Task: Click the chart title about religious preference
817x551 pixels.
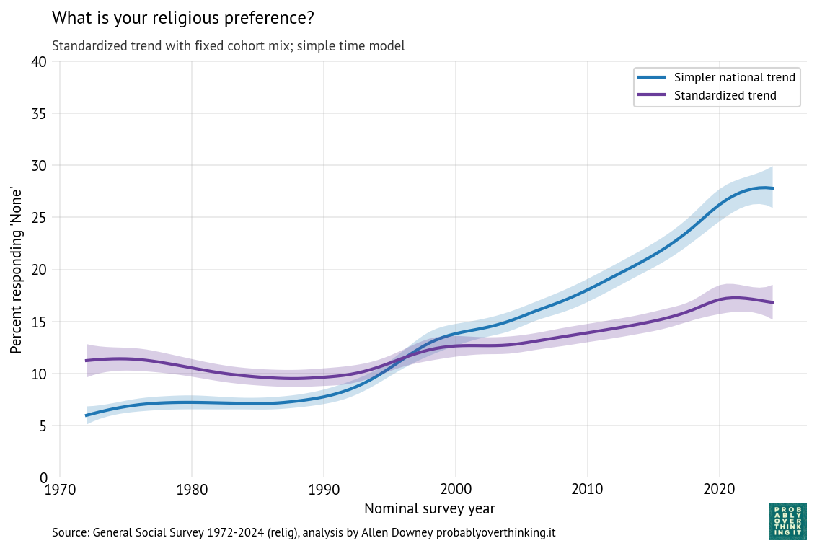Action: (x=182, y=17)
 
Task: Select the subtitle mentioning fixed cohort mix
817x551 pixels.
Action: (x=228, y=46)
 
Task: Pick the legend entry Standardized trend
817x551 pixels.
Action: (x=725, y=95)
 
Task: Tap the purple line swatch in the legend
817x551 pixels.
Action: (x=652, y=95)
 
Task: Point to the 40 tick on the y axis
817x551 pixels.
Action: (x=39, y=62)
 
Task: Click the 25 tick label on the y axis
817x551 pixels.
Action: (x=39, y=218)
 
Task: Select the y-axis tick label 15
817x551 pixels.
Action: (x=39, y=322)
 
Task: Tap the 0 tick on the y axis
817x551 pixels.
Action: (x=43, y=477)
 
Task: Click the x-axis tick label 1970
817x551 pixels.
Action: (x=60, y=490)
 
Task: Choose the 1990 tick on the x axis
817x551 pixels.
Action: (x=323, y=490)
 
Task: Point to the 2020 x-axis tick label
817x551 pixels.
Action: (x=719, y=490)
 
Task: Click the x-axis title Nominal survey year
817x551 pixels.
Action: (x=429, y=508)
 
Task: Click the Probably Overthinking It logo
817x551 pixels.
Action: (x=787, y=521)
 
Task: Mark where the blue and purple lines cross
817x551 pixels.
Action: (x=406, y=358)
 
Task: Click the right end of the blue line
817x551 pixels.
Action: (x=773, y=188)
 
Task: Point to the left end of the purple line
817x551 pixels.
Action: (x=87, y=361)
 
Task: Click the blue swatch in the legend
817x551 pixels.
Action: (x=652, y=77)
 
